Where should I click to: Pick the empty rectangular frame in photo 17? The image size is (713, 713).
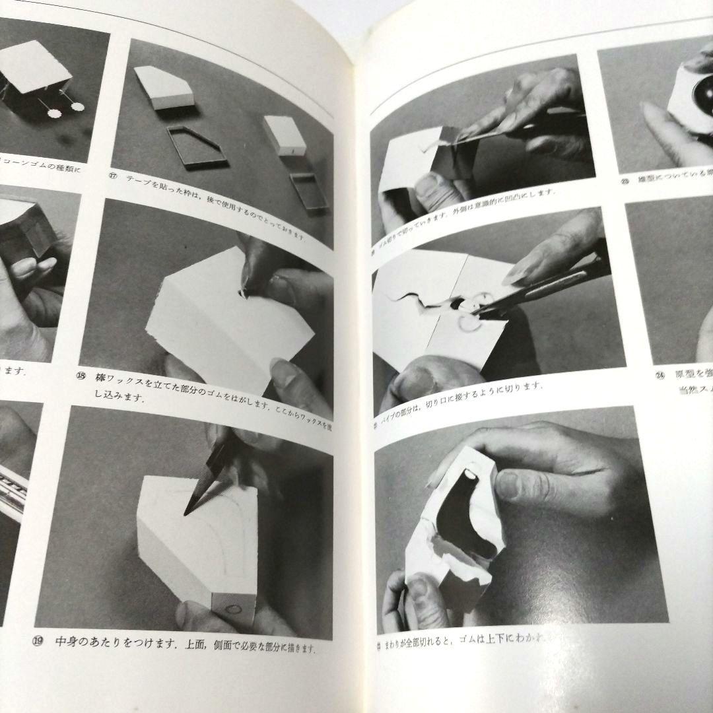(309, 191)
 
